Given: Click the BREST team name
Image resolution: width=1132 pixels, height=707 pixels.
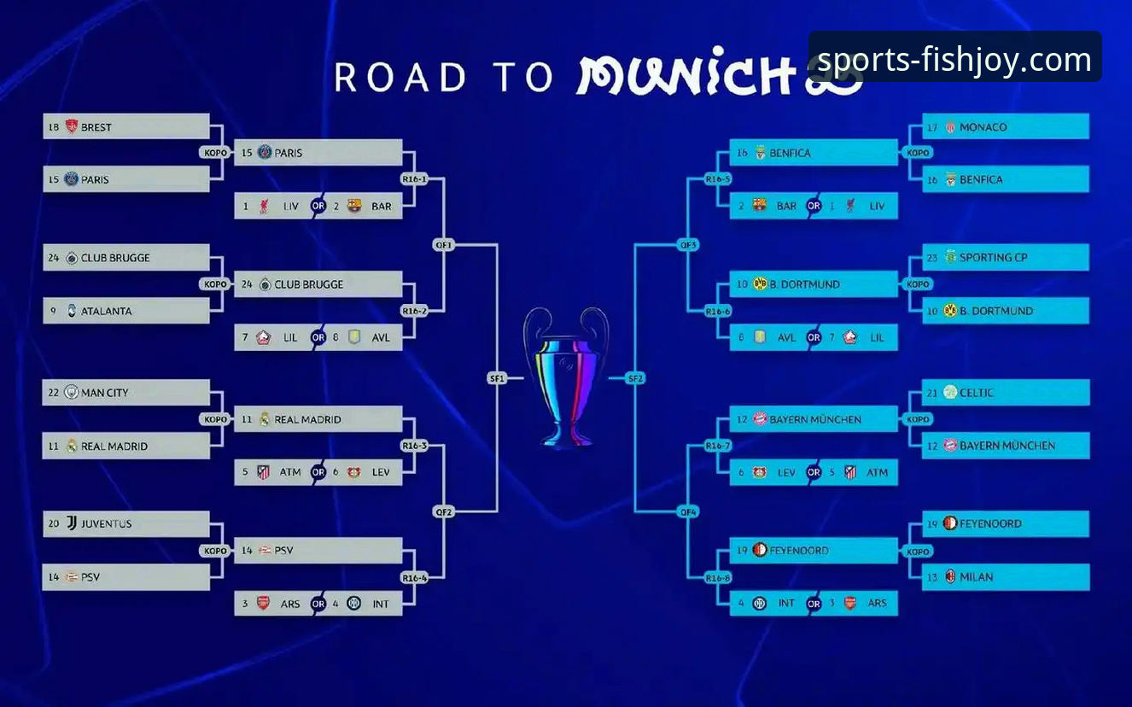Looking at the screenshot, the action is click(x=96, y=127).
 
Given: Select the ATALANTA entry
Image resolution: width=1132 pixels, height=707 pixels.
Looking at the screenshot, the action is click(x=106, y=312).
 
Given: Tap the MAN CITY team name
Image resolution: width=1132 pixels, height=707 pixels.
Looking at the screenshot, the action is click(x=105, y=393).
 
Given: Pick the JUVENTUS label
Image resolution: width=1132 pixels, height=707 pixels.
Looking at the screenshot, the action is click(x=106, y=523).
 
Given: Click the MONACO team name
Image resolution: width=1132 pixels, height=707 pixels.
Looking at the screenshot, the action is click(x=983, y=127).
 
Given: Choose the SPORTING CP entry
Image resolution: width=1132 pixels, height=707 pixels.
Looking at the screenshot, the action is click(x=993, y=258).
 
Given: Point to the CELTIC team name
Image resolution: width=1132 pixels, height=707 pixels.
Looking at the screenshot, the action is click(x=976, y=393).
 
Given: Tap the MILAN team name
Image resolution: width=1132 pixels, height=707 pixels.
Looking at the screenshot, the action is click(x=976, y=577).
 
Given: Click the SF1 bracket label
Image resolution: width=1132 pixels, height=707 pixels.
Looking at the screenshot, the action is click(x=497, y=378).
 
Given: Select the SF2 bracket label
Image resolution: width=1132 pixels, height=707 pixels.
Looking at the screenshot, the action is click(x=635, y=378).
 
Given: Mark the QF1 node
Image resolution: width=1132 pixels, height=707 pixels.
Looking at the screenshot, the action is click(x=444, y=245).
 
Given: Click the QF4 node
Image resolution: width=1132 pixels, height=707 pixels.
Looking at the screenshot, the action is click(x=688, y=512).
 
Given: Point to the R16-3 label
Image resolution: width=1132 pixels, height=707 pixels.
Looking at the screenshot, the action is click(x=414, y=446).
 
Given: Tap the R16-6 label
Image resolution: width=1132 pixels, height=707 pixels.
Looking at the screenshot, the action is click(x=718, y=312).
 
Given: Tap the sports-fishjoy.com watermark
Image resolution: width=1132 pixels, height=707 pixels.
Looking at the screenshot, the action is click(x=954, y=60).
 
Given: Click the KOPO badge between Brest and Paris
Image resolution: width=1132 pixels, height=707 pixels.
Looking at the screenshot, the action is click(x=215, y=153).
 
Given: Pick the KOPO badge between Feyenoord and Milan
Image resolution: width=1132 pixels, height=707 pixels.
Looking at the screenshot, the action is click(x=918, y=552).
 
